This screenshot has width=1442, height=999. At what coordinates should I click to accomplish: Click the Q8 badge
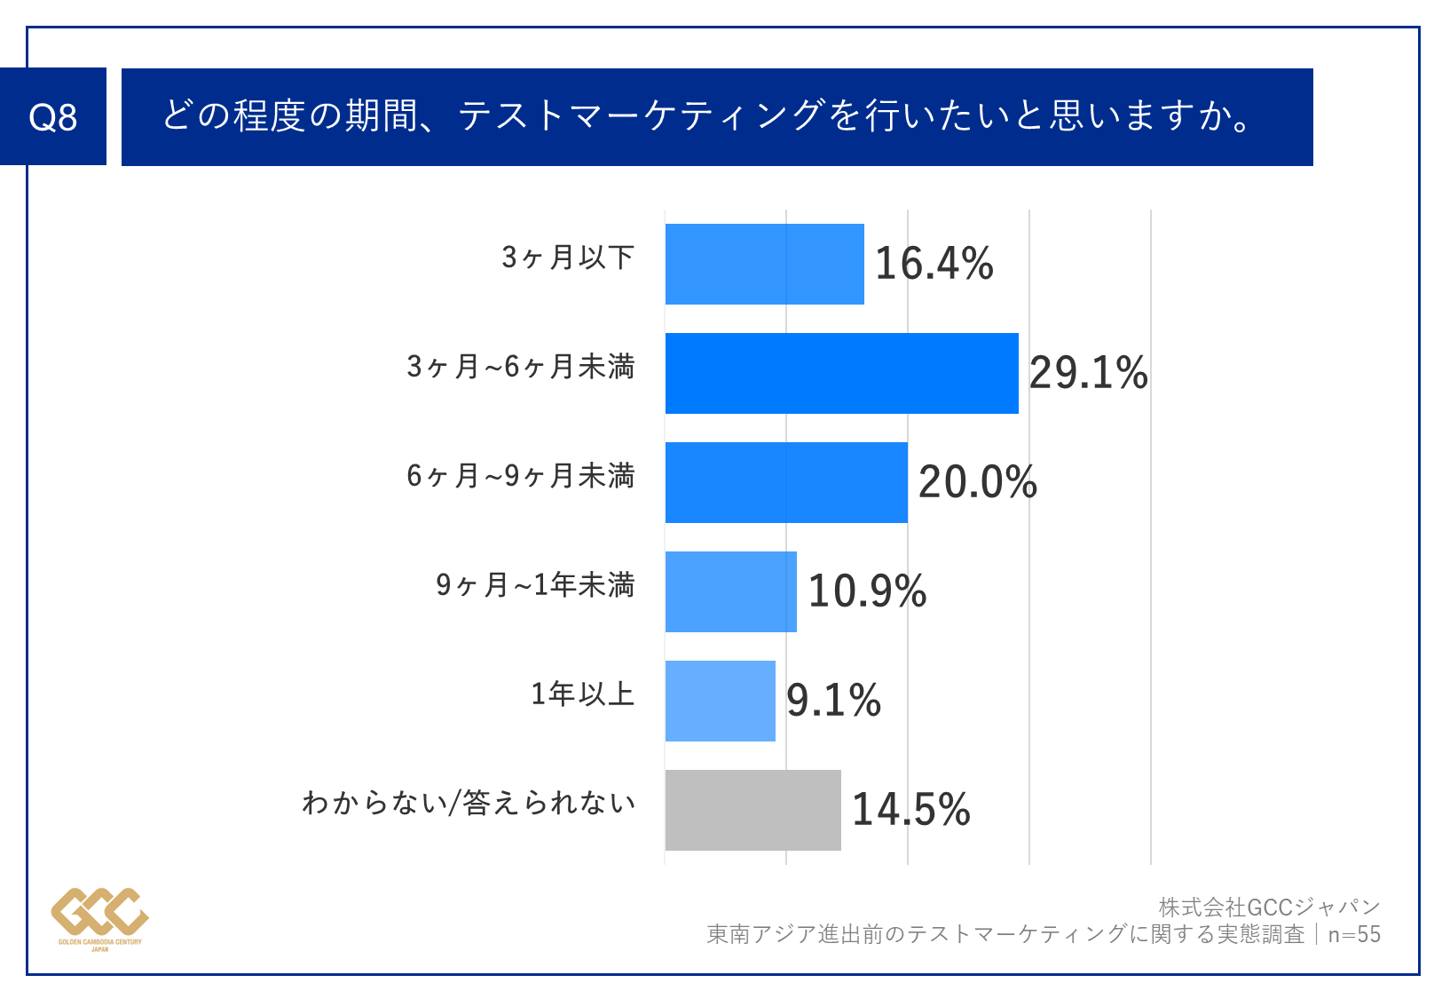point(53,116)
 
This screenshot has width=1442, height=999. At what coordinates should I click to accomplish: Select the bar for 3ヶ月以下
point(764,264)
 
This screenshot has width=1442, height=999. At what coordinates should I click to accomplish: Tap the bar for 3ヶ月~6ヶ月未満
point(841,373)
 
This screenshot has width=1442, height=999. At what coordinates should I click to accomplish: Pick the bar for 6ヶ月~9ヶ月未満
point(786,482)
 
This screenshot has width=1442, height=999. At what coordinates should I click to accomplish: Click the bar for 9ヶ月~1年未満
point(730,591)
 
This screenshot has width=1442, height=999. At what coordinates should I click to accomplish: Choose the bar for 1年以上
point(720,701)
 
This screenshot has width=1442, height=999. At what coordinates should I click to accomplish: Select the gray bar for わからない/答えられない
point(753,810)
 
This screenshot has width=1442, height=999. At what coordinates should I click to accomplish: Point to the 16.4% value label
point(934,264)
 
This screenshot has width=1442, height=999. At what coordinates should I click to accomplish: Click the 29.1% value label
point(1088,373)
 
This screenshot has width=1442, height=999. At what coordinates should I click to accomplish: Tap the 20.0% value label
point(977,482)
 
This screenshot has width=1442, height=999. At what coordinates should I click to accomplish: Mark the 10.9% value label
point(867,591)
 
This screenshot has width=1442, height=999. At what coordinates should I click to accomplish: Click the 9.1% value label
point(833,701)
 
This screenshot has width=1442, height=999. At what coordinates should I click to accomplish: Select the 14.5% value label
point(910,810)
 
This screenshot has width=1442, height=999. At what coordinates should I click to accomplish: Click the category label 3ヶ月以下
point(568,258)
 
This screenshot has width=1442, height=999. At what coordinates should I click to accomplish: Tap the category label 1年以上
point(583,694)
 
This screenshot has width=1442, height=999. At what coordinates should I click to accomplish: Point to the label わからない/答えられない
point(469,803)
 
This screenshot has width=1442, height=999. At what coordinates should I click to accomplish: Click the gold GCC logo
point(99,915)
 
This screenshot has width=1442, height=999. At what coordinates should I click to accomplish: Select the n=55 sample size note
point(1354,934)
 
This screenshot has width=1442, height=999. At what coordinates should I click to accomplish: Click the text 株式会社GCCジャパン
point(1269,908)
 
